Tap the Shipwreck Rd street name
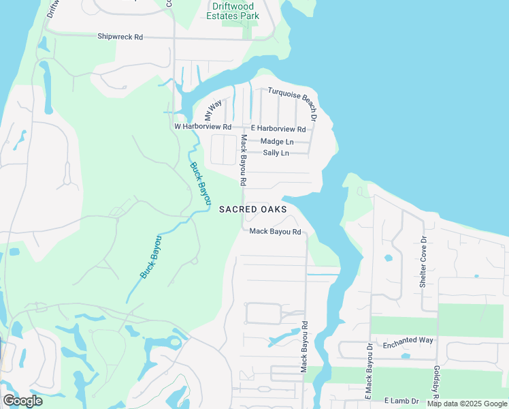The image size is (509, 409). pos(120,37)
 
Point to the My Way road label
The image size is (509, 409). pos(214,110)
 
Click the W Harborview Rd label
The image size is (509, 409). pos(203,127)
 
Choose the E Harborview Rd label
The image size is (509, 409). pos(278,129)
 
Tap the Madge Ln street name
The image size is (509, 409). pos(277,141)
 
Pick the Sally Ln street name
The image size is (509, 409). pos(276,153)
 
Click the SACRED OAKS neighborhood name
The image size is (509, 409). pos(253,209)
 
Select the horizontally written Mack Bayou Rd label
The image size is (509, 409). pos(275,232)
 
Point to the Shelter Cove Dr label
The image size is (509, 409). pos(423,262)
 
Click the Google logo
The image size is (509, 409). pos(22,401)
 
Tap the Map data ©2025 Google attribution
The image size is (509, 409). pos(467,404)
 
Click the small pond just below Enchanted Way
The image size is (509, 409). pos(406,356)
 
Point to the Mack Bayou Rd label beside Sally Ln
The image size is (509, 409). pos(243,161)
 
